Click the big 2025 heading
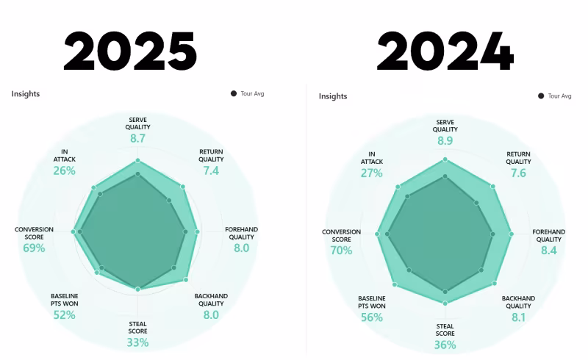coord(130,51)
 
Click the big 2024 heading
coord(445,51)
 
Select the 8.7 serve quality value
coord(137,138)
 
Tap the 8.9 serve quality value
coord(445,140)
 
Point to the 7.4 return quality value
coord(211,170)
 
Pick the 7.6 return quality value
coord(518,173)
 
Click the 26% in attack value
coord(64,170)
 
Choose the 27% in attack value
coord(372,173)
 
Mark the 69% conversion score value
coord(34,248)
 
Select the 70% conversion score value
coord(341,250)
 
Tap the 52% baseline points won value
coord(64,315)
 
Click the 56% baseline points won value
coord(372,317)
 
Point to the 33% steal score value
coord(137,342)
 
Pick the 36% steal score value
coord(445,345)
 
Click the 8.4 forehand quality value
coord(549,250)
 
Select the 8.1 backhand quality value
coord(518,317)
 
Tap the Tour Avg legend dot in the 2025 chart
coord(234,93)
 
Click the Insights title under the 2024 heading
coord(333,96)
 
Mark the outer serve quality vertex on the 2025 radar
coord(137,160)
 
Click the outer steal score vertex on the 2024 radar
coord(445,303)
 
